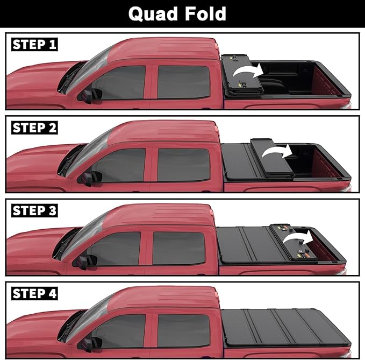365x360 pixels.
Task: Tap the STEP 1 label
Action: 34,44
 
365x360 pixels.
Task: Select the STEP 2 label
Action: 34,128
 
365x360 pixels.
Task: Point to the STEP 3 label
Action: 34,210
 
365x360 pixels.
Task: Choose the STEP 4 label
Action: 34,293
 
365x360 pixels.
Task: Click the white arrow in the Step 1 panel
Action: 251,72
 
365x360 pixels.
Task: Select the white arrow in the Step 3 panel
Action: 299,237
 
